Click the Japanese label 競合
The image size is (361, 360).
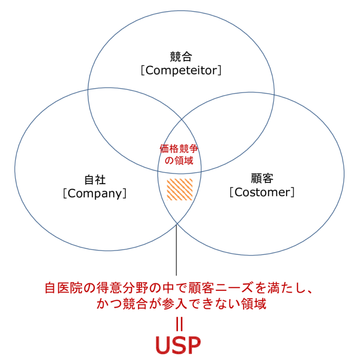click(x=180, y=56)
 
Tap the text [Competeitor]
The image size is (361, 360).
click(x=180, y=70)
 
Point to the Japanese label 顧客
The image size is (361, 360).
click(x=262, y=178)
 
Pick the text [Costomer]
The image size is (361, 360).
click(x=262, y=192)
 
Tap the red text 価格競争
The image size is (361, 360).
click(x=180, y=148)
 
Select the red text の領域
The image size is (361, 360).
click(x=180, y=160)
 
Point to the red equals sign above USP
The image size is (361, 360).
click(x=180, y=324)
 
